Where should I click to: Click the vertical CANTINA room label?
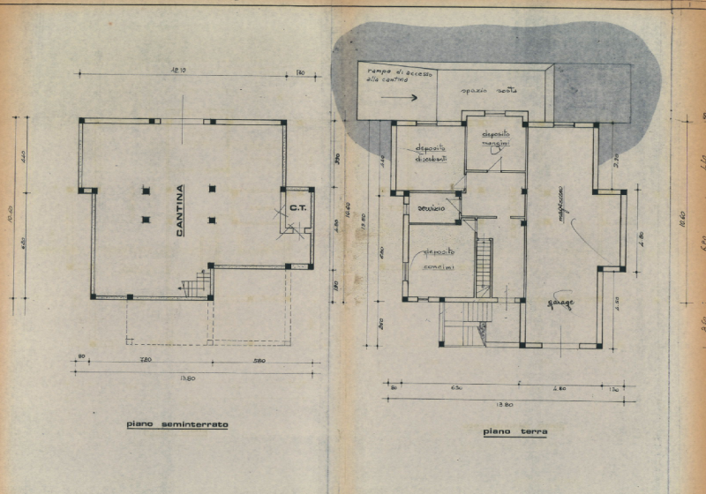pyautogui.click(x=180, y=212)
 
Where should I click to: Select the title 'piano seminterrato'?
pyautogui.click(x=176, y=424)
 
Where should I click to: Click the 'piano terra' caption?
pyautogui.click(x=515, y=432)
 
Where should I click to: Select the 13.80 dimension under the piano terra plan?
pyautogui.click(x=505, y=404)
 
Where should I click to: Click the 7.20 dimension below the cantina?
pyautogui.click(x=144, y=361)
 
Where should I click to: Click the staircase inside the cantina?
pyautogui.click(x=197, y=284)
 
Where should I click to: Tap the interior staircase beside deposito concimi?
pyautogui.click(x=484, y=266)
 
